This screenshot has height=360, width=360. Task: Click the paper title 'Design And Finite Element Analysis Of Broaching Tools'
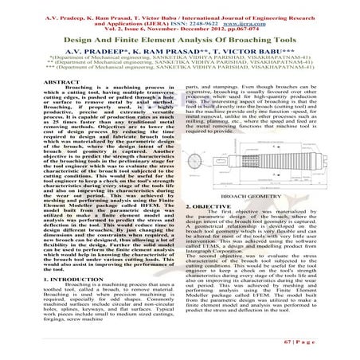click(180, 38)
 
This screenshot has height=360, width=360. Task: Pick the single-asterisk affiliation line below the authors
click(180, 57)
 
